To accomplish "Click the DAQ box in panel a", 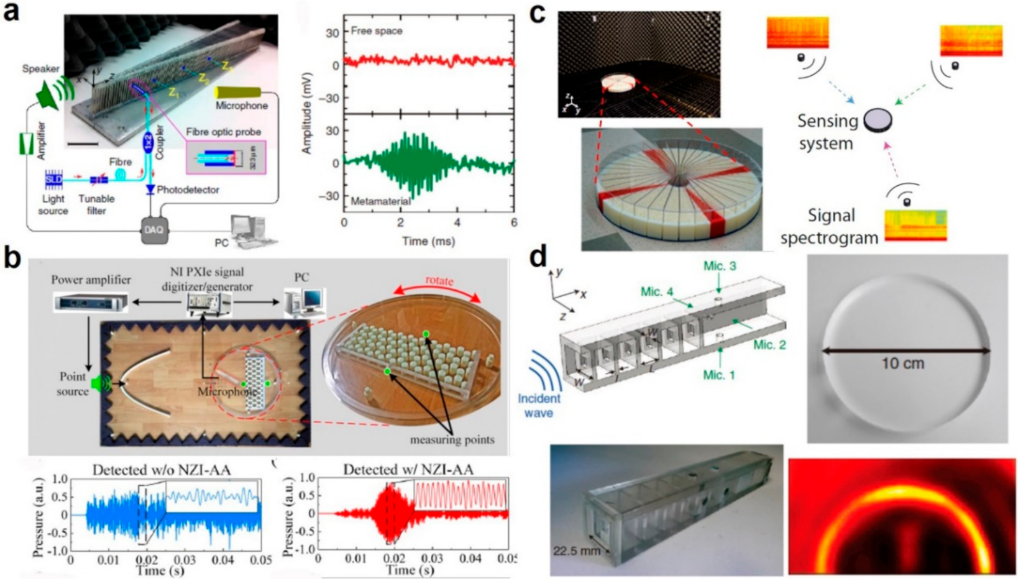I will coord(154,231).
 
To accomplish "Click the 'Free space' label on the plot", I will coord(377,30).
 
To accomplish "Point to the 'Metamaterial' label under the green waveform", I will coord(380,202).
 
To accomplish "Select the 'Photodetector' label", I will coord(188,190).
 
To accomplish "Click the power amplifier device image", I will coord(90,302).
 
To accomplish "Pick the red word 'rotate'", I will coord(439,280).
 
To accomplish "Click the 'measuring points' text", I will coord(452,440).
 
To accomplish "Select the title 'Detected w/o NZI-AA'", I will coord(162,470).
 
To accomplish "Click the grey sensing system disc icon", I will coord(877,118).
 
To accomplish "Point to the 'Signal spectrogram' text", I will coord(829,226).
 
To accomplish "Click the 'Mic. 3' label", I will coord(720,266).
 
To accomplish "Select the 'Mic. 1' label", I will coord(720,375).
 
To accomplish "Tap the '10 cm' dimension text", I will coord(902,363).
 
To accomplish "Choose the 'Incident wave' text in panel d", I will coord(538,405).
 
